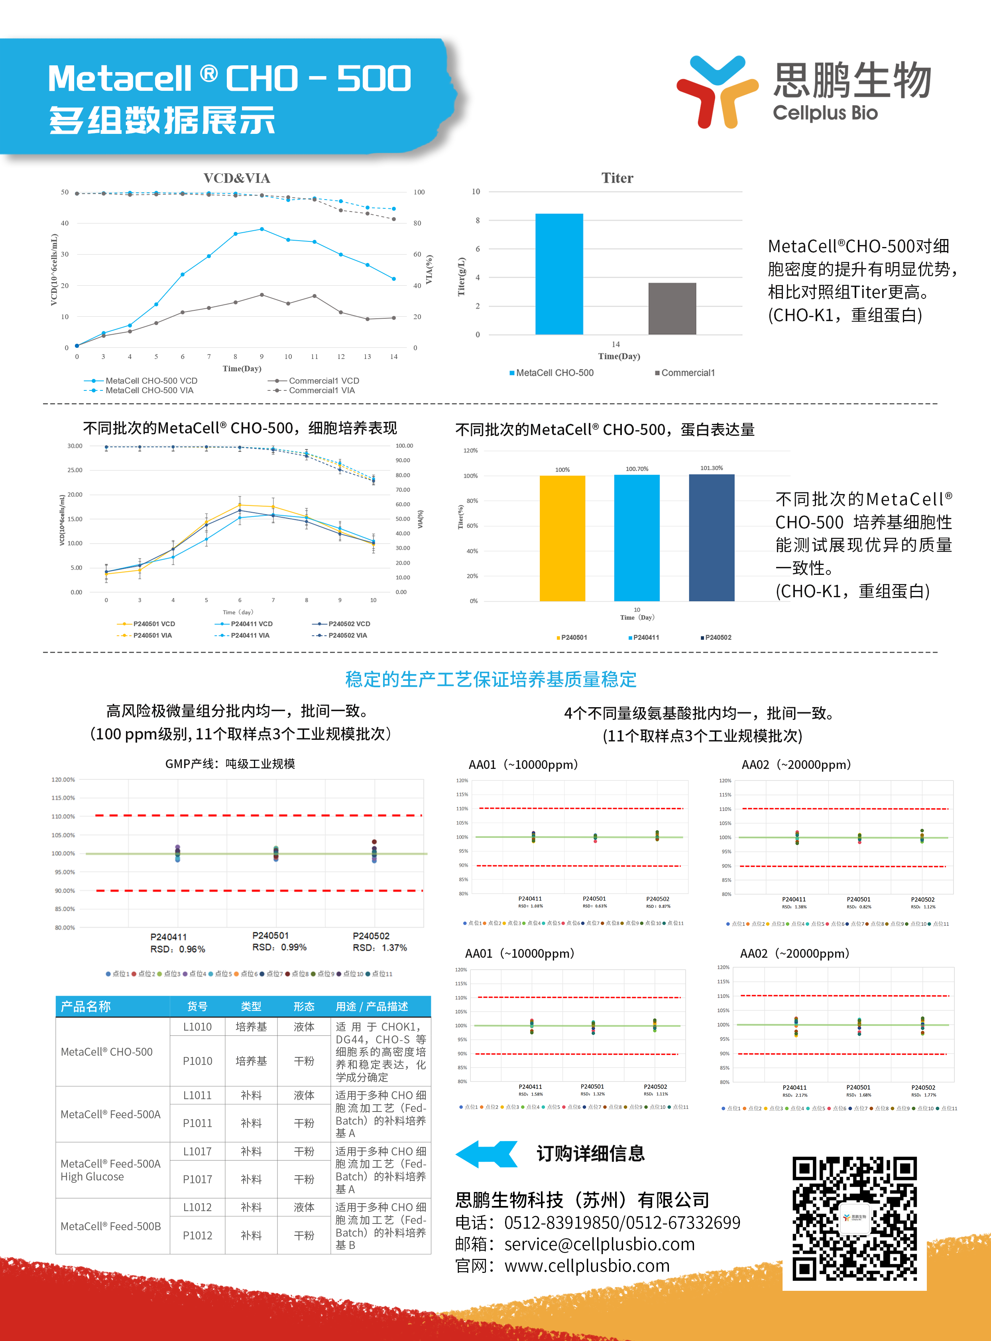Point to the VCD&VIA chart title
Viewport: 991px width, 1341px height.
point(236,178)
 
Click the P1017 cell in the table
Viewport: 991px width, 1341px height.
point(197,1179)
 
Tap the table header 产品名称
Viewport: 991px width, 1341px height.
point(86,1006)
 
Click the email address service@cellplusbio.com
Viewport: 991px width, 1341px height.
point(599,1245)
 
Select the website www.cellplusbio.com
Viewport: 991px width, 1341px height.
point(587,1266)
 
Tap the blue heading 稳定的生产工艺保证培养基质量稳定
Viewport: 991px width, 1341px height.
point(491,679)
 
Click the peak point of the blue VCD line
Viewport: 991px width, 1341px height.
point(262,229)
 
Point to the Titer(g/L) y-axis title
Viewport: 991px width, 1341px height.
point(461,276)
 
